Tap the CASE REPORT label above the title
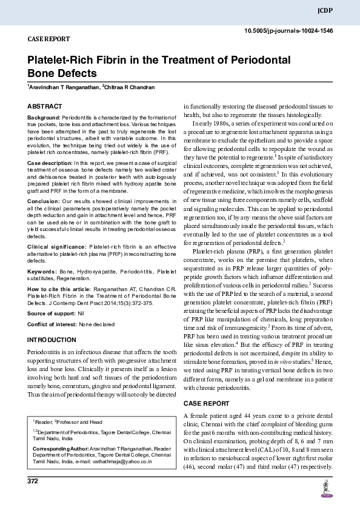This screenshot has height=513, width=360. coord(49,39)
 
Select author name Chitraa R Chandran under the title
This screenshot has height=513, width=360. coord(130,87)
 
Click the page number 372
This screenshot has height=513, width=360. coord(33,481)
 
